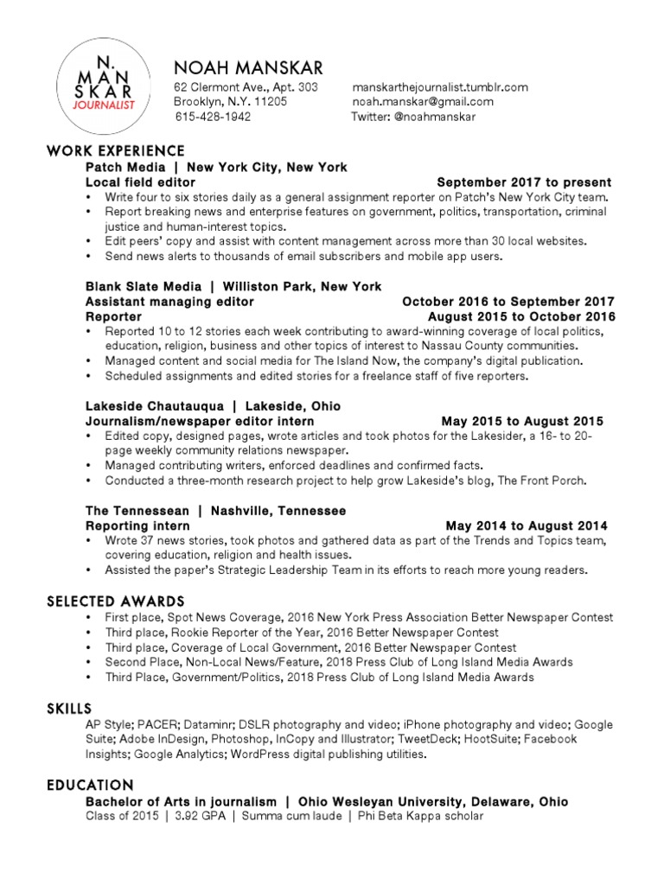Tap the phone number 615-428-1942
tap(213, 117)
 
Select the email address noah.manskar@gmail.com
tap(423, 102)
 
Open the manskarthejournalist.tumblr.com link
tap(439, 87)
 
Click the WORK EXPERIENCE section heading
tap(116, 152)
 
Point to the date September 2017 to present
tap(524, 182)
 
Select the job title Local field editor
tap(140, 182)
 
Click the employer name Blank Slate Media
tap(143, 286)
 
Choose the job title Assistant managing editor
tap(169, 302)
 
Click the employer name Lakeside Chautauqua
tap(154, 406)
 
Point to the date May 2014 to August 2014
tap(527, 525)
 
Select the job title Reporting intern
tap(137, 525)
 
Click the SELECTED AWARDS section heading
tap(116, 601)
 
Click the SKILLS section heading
tap(69, 709)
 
